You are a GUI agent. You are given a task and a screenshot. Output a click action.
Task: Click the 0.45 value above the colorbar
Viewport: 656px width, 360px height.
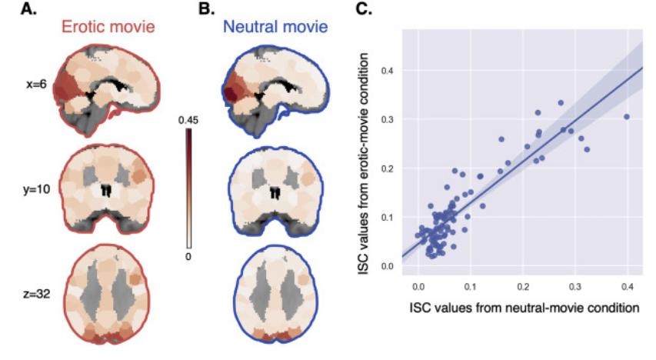click(189, 120)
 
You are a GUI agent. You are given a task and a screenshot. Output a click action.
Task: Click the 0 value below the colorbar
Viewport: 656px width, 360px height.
click(189, 254)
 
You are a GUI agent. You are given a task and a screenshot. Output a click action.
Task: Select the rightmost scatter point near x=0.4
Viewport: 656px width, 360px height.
click(626, 117)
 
